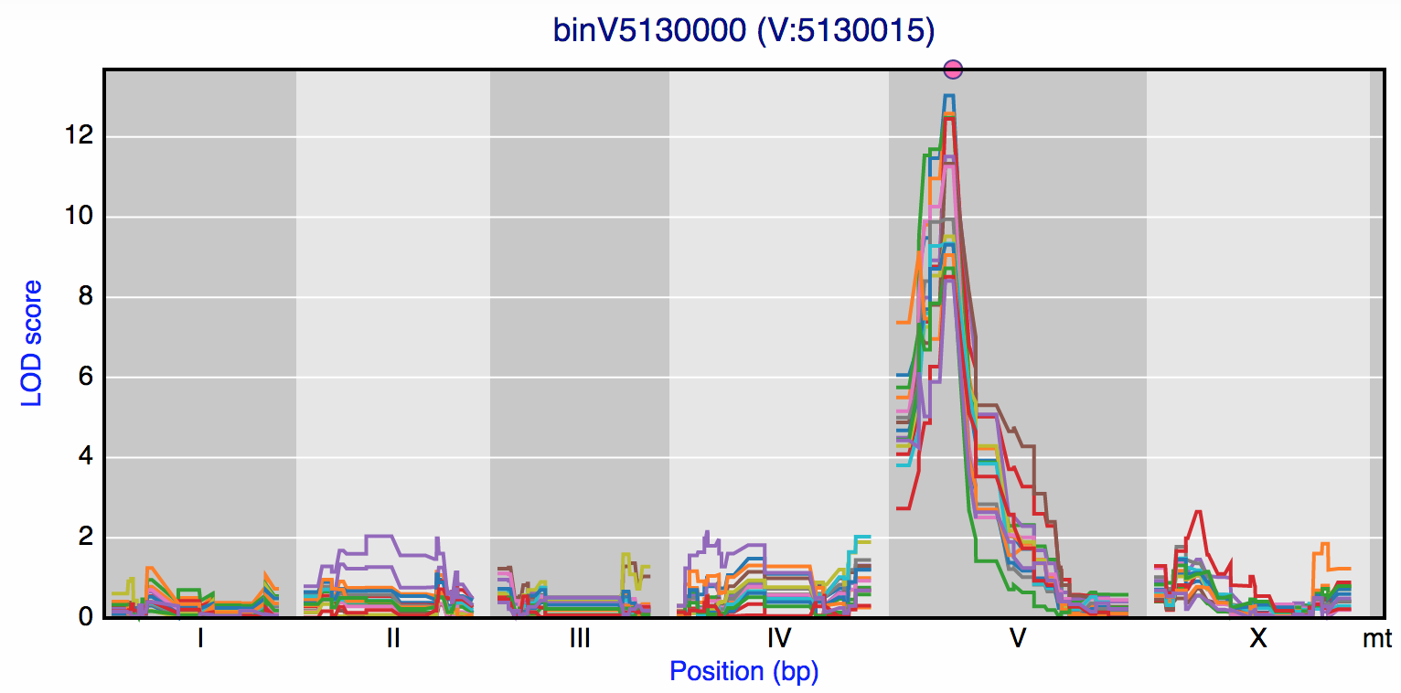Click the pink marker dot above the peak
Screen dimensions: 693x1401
(x=953, y=69)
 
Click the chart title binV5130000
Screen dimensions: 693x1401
(x=743, y=30)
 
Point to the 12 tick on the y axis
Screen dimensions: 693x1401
(x=80, y=137)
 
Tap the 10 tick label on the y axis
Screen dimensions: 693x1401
(x=80, y=218)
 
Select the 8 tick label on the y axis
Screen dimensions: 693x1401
(x=84, y=297)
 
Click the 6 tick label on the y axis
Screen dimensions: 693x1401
(x=84, y=378)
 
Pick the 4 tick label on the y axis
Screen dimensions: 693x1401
(x=84, y=457)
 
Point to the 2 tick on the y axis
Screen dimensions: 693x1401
(x=84, y=538)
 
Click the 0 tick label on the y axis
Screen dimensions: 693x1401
(x=84, y=617)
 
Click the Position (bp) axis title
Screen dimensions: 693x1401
(x=743, y=672)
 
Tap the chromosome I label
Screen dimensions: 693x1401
(x=200, y=639)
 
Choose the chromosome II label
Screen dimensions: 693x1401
(x=392, y=639)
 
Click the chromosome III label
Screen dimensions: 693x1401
(x=580, y=639)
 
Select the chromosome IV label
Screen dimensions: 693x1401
(x=779, y=639)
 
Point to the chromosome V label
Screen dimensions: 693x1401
(x=1017, y=639)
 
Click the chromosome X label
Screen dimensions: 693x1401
(x=1258, y=639)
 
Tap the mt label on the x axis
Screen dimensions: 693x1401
(x=1377, y=639)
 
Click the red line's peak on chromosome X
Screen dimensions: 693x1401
(x=1198, y=512)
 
